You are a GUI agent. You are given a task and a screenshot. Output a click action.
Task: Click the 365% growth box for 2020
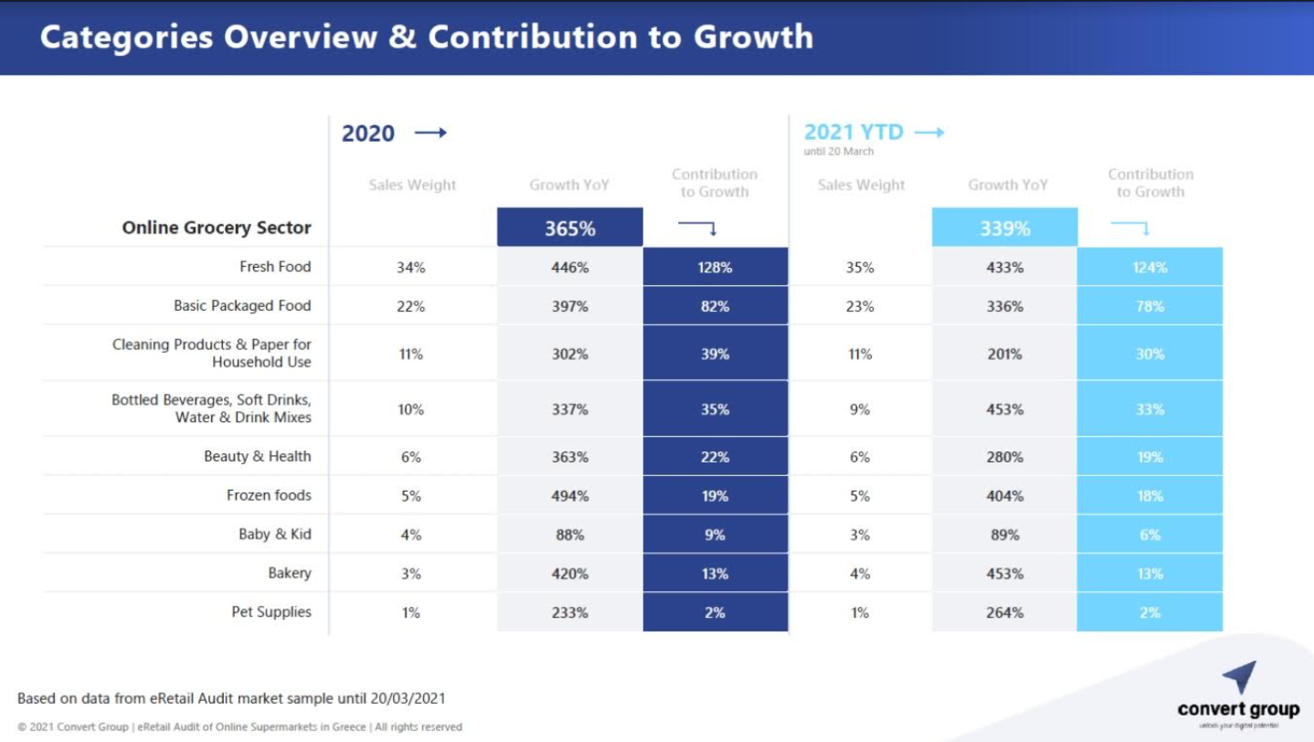(570, 228)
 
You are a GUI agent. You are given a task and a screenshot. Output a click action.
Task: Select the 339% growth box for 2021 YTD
(1005, 228)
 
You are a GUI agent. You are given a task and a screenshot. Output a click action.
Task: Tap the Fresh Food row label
(275, 267)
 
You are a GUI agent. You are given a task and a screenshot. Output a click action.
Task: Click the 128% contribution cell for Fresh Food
(715, 268)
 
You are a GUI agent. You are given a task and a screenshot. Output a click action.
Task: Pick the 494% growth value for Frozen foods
(570, 496)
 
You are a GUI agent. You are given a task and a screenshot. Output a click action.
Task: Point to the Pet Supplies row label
(270, 612)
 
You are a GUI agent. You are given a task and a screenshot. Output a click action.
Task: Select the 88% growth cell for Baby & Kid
(570, 535)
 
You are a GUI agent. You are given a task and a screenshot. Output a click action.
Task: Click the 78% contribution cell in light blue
(1150, 307)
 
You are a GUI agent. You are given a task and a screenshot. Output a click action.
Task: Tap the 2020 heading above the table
(368, 133)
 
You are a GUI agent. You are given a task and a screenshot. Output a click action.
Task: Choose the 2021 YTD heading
(853, 132)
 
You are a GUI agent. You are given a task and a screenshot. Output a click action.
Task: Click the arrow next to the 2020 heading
(430, 133)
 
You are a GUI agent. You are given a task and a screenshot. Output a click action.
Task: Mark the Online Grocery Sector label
(217, 228)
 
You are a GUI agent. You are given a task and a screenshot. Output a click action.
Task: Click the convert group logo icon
(1239, 677)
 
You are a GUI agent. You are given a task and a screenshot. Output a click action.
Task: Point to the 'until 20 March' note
(839, 152)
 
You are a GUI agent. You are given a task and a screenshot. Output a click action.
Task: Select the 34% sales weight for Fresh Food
(411, 268)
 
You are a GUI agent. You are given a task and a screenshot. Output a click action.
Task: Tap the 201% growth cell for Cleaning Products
(1005, 355)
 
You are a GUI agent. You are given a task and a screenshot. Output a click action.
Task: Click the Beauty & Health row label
(257, 456)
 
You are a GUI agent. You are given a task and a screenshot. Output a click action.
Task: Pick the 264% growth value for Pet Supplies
(1005, 613)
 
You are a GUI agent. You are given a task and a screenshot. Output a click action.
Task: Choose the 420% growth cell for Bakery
(570, 574)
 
